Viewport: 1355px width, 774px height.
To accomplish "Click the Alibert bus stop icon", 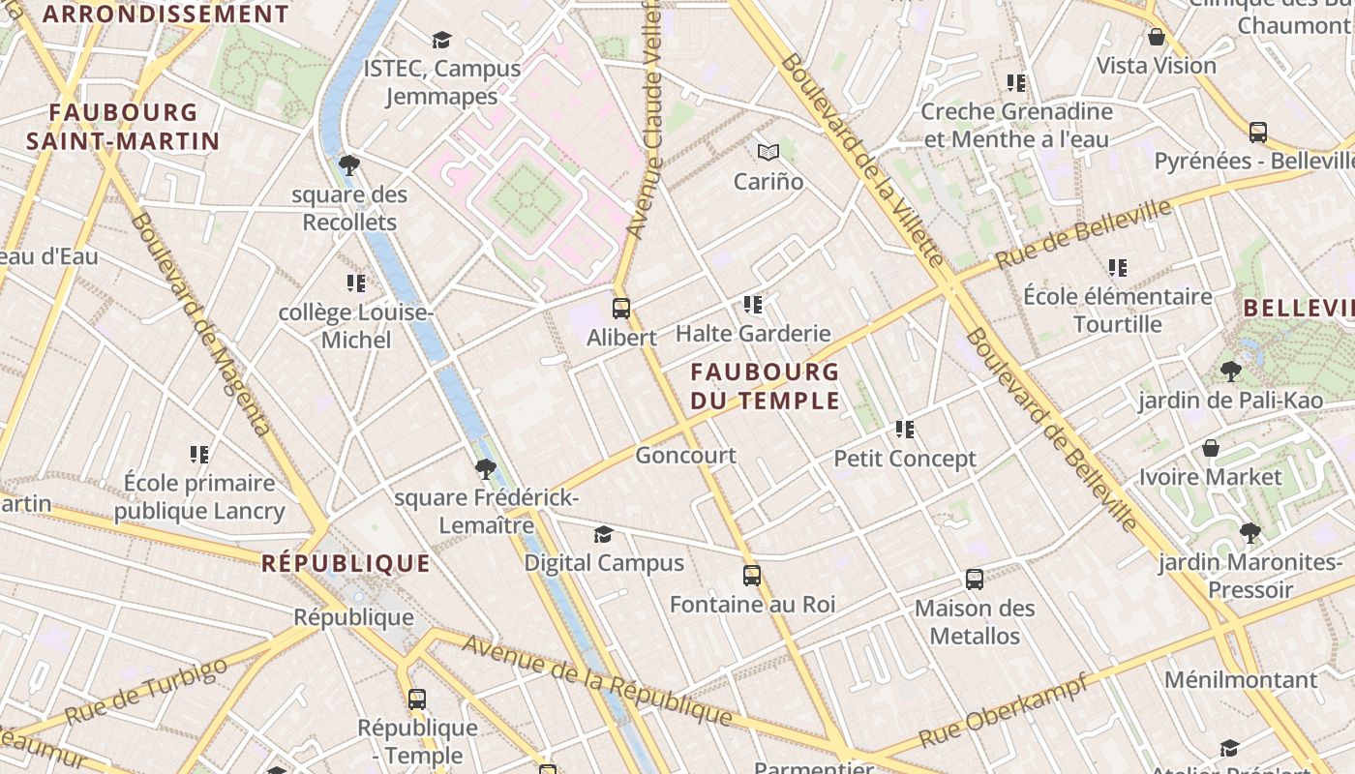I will click(x=621, y=309).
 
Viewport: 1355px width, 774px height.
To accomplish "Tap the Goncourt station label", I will click(x=685, y=455).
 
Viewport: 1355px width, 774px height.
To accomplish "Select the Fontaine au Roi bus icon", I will click(x=752, y=576).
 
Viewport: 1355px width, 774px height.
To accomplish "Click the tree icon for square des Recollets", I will click(x=349, y=165).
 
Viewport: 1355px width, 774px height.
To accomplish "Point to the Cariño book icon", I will click(x=768, y=152).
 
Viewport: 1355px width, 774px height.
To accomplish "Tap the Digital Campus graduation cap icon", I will click(x=603, y=534).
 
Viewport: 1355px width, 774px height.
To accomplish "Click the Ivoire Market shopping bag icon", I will click(x=1210, y=448).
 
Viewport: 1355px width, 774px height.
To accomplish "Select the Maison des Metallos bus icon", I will click(x=975, y=580).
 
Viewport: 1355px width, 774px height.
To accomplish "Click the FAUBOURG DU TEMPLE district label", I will click(x=765, y=386).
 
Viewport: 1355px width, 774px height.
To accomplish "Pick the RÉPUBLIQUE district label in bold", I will click(x=346, y=563).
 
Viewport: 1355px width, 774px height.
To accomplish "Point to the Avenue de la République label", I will click(x=597, y=679).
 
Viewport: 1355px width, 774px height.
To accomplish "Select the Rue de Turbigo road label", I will click(x=146, y=691).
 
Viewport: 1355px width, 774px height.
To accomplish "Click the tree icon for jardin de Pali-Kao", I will click(x=1230, y=371).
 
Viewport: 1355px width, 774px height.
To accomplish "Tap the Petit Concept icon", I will click(x=905, y=429).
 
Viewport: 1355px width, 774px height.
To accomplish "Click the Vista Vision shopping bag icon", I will click(x=1156, y=37).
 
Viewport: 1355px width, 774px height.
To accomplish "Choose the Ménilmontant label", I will click(x=1240, y=679).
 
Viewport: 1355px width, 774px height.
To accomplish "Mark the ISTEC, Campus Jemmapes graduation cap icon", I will click(x=442, y=40).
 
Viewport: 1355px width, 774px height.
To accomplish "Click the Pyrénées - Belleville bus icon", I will click(x=1258, y=132).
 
